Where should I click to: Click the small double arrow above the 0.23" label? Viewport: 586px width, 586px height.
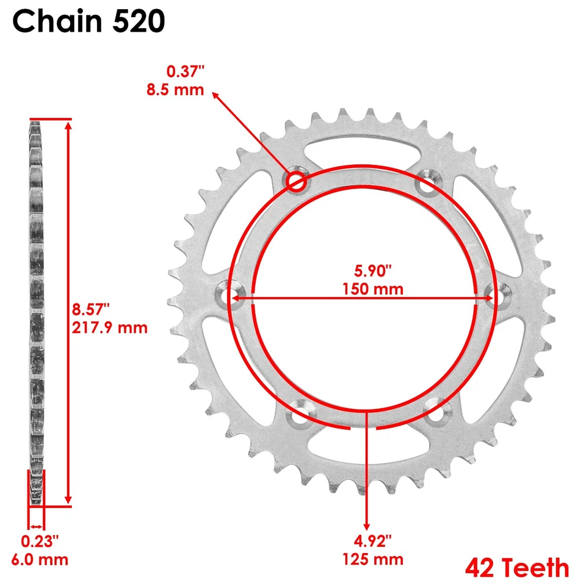36,526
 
